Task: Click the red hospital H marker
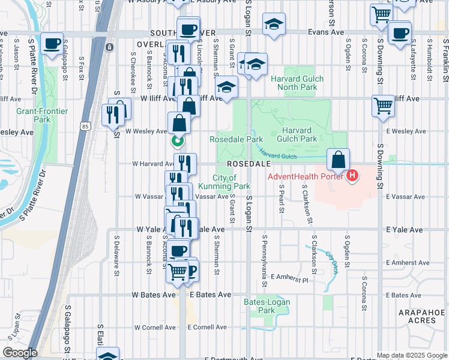(352, 176)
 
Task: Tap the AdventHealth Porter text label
(306, 176)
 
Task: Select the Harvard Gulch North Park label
(297, 83)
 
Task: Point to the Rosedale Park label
(236, 139)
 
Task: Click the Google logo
(19, 353)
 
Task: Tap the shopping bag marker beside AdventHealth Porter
(339, 160)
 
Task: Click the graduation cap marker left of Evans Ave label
(274, 25)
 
